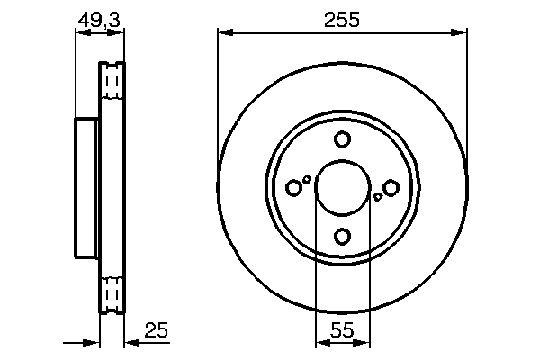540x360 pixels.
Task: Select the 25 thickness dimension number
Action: (x=157, y=331)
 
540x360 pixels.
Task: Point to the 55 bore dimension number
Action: (x=342, y=331)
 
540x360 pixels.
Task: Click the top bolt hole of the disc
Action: (x=342, y=139)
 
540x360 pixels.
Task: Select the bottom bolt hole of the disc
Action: (x=342, y=236)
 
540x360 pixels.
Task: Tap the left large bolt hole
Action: (x=293, y=187)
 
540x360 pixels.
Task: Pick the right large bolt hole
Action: (x=391, y=187)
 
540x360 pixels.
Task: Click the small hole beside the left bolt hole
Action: (x=308, y=179)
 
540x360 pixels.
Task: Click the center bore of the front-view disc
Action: (x=342, y=187)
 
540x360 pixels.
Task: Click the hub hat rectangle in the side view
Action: (x=86, y=187)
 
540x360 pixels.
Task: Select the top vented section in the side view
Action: (x=112, y=83)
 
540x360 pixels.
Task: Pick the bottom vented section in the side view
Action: (x=112, y=292)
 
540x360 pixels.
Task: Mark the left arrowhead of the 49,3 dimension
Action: (x=79, y=33)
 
